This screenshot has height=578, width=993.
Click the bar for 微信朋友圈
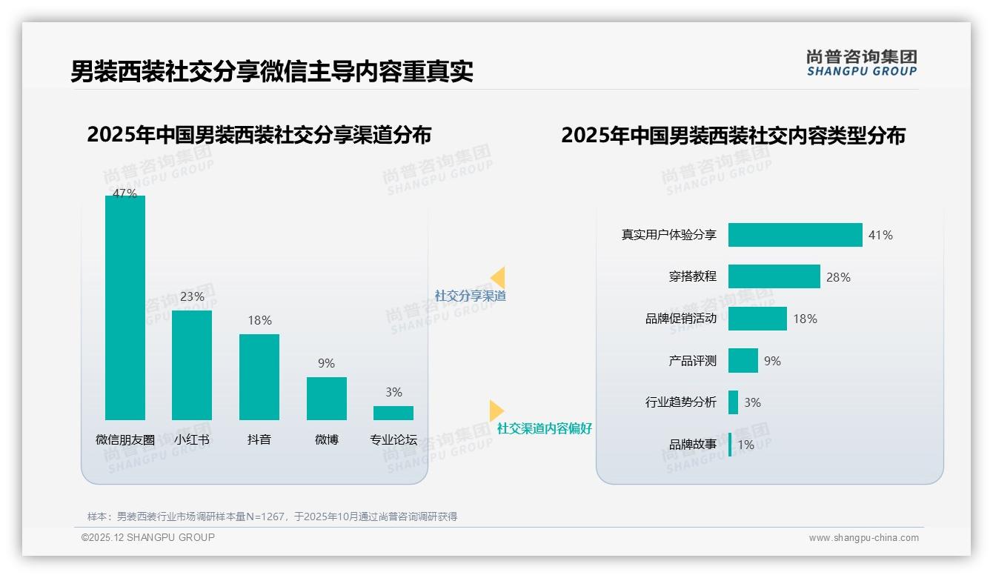125,308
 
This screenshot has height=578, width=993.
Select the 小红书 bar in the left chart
192,365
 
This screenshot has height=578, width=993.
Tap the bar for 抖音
259,376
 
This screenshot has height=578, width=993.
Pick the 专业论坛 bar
393,413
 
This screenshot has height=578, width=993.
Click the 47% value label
124,193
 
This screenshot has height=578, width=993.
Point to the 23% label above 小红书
192,296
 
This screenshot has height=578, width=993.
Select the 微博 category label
327,439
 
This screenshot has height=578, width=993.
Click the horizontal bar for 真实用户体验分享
795,235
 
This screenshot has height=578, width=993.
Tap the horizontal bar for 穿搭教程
774,276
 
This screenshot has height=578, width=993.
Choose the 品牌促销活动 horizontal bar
757,319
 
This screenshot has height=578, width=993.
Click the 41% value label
880,235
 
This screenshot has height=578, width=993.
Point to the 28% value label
838,277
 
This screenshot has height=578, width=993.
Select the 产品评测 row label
692,361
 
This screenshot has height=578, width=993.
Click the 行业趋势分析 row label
680,402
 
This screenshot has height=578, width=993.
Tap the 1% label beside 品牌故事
745,445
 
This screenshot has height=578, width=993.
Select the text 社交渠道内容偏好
545,428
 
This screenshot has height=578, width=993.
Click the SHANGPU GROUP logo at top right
861,63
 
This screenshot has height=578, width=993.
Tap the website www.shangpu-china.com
863,538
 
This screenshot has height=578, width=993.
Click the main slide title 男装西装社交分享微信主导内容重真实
272,71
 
